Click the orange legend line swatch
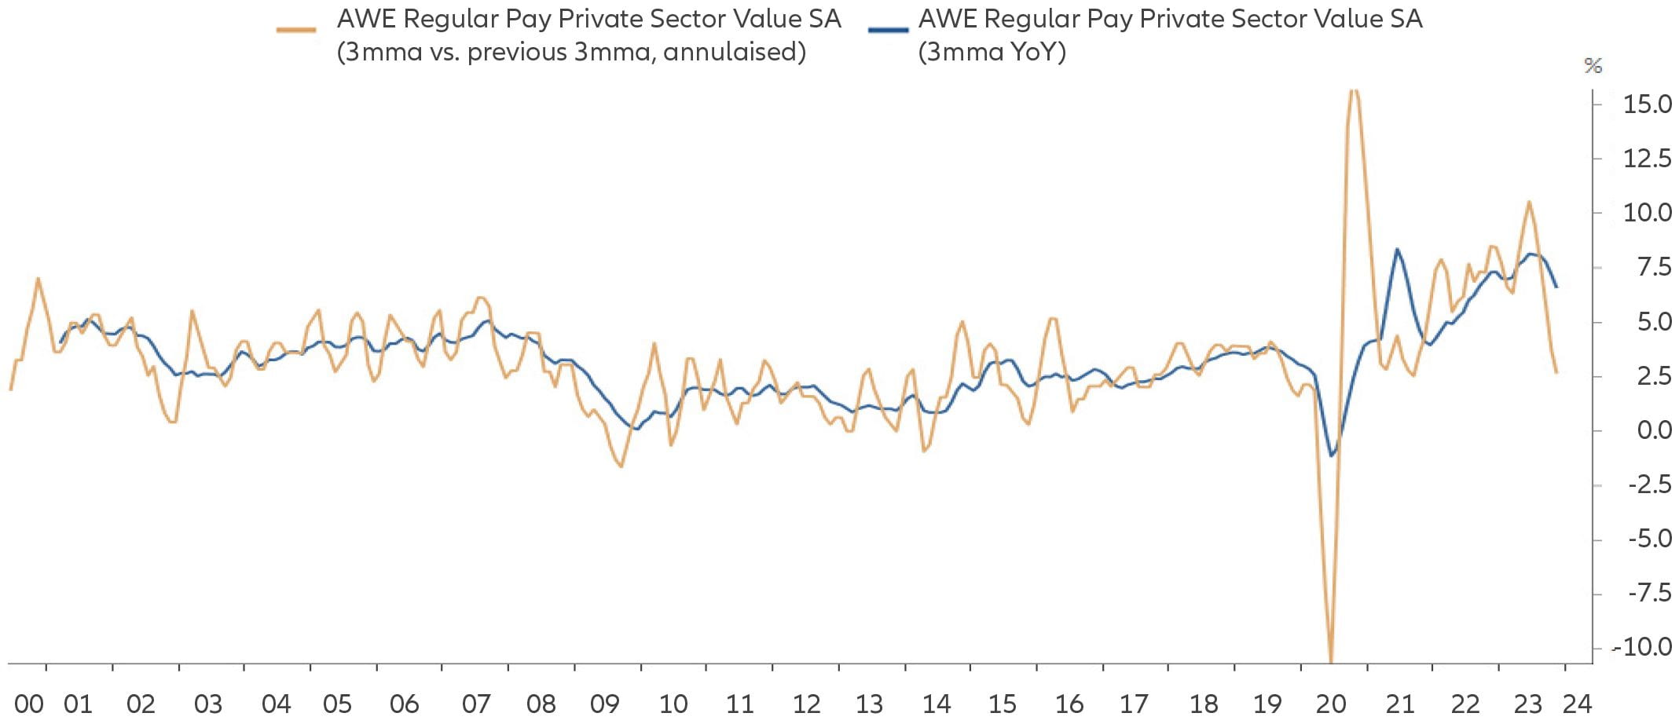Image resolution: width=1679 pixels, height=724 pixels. [x=296, y=31]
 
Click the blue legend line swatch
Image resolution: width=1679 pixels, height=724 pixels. [x=888, y=31]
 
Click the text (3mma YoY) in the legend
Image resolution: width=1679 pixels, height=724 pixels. [x=992, y=52]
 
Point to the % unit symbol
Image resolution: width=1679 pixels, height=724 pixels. [x=1593, y=65]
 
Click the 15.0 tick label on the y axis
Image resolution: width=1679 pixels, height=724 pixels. [x=1647, y=104]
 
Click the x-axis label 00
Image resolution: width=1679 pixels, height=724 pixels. [x=29, y=704]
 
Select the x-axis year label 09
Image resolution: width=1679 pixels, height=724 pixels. [x=605, y=704]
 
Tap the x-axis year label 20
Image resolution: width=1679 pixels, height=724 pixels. [x=1331, y=704]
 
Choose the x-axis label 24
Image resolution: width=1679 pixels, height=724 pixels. [x=1577, y=704]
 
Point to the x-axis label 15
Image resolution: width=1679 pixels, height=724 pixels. [x=1002, y=704]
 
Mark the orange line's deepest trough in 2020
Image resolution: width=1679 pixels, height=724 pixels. [x=1331, y=660]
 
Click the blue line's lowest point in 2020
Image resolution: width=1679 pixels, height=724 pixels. [x=1332, y=455]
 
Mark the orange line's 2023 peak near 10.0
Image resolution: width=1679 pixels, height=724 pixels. [x=1529, y=203]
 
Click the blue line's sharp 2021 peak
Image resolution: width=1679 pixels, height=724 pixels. [x=1397, y=250]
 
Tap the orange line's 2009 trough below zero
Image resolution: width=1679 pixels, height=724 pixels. [x=621, y=466]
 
